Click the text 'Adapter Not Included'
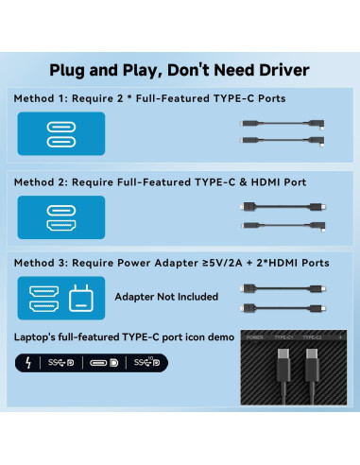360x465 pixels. (165, 297)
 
